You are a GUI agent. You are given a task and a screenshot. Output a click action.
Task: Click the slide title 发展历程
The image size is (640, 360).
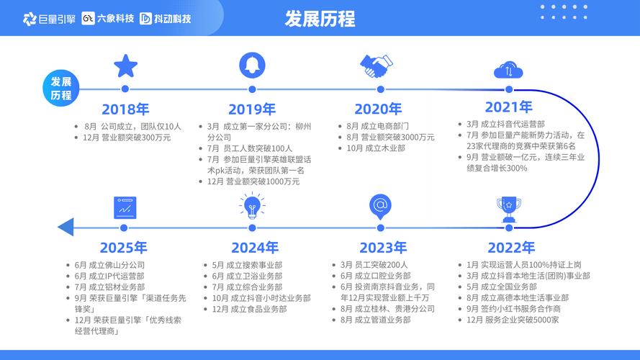tap(320, 17)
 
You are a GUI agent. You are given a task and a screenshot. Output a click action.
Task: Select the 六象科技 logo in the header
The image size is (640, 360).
tap(108, 18)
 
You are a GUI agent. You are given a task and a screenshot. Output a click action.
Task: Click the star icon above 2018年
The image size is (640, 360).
tap(125, 66)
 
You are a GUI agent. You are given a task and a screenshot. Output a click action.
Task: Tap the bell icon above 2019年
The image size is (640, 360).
tap(251, 66)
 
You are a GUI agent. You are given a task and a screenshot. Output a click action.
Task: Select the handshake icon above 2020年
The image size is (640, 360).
tap(377, 67)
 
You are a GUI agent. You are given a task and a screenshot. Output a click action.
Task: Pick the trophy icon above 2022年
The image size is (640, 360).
tap(509, 210)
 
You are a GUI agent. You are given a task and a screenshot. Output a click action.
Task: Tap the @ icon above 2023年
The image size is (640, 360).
tap(379, 207)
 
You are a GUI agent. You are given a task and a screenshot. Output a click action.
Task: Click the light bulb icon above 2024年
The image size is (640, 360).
tap(251, 207)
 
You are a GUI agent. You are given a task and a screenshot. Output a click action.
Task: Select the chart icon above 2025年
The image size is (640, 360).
tap(125, 208)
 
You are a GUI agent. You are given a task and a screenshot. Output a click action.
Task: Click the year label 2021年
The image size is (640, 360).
tap(508, 107)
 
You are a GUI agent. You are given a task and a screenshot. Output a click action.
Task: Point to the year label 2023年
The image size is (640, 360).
tap(383, 248)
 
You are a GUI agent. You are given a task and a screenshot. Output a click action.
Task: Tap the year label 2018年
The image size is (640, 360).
tap(125, 109)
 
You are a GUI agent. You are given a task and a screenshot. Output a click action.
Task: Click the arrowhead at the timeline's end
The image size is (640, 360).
tap(66, 228)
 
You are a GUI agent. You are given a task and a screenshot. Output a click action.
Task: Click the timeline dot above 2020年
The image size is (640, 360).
tap(377, 89)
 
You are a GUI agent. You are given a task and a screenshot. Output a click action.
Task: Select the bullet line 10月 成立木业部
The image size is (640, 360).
tap(375, 148)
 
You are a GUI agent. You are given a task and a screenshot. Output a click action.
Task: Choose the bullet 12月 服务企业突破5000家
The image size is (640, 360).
tap(512, 320)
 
